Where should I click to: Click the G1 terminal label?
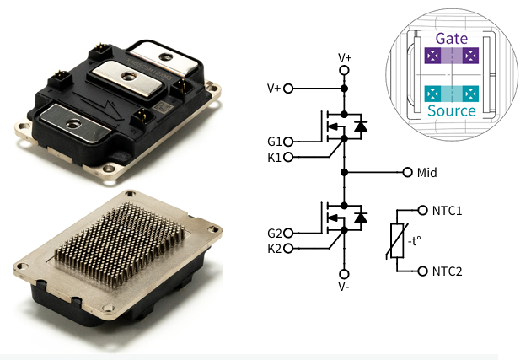tap(274, 142)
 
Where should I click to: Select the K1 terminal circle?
tap(288, 157)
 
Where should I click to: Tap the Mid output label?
tap(426, 173)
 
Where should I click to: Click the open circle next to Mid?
tap(408, 172)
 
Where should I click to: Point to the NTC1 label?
tap(447, 211)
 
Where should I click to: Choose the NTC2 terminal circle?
tap(422, 271)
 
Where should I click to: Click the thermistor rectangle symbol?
tap(397, 241)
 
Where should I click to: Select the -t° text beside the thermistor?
tap(414, 241)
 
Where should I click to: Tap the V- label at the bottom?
tap(344, 287)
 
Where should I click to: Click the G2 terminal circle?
tap(288, 233)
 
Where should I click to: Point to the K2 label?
tap(274, 249)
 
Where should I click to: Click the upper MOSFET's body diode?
tap(361, 126)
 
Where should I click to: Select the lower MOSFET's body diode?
tap(361, 218)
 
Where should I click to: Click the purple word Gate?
tap(452, 39)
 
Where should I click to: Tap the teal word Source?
tap(452, 110)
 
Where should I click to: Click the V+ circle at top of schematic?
tap(344, 71)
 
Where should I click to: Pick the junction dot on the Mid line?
tap(344, 172)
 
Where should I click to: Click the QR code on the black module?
tap(160, 108)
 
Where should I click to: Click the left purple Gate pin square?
tap(432, 56)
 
